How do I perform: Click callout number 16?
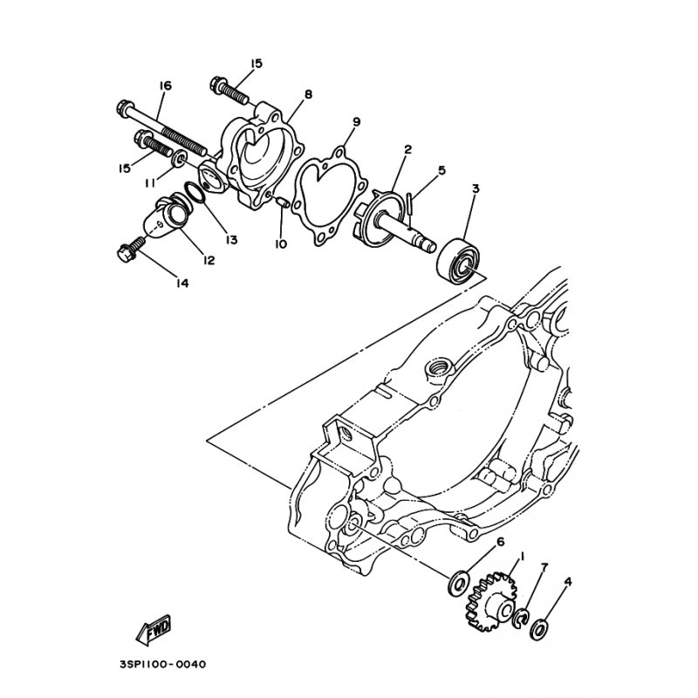(165, 86)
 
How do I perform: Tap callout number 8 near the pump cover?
(308, 94)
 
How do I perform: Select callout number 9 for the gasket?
(356, 120)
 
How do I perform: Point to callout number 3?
(476, 188)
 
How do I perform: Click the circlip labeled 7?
(521, 618)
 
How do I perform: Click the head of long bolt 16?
(123, 111)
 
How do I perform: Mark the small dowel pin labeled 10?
(282, 204)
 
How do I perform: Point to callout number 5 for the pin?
(441, 171)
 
